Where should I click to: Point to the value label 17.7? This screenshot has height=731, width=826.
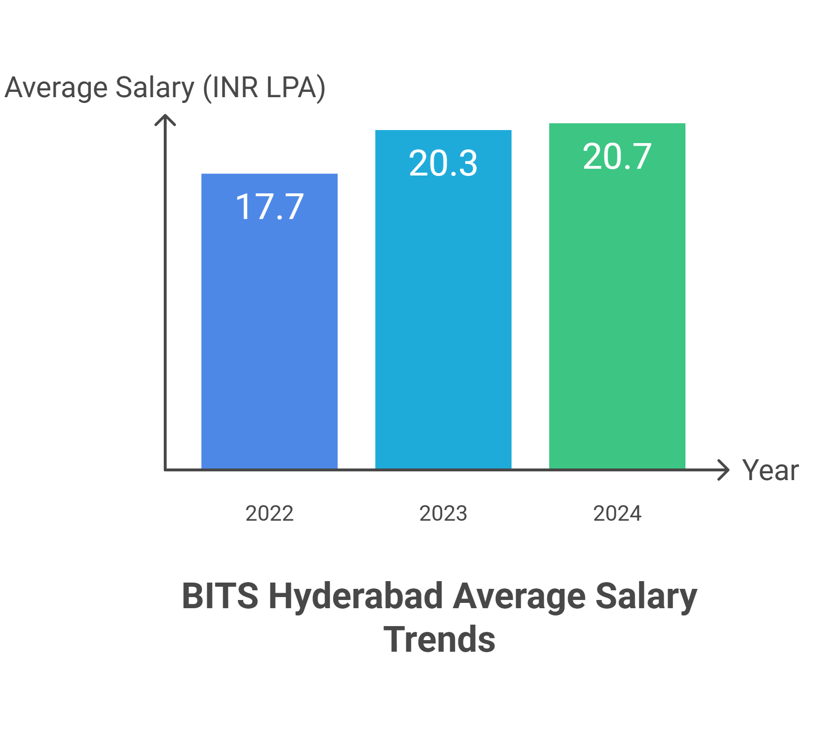[270, 207]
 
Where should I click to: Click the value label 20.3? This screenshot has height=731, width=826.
[443, 163]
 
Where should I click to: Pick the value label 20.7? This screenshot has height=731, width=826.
[617, 157]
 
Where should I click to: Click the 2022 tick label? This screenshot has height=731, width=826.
[270, 513]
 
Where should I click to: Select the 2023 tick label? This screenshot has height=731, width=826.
[443, 513]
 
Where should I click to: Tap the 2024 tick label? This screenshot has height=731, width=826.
[617, 513]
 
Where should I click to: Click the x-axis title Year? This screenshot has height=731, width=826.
[770, 470]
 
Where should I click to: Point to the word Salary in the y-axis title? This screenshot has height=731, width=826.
[155, 88]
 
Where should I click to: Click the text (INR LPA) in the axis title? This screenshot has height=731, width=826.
[264, 88]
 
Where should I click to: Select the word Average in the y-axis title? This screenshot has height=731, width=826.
[56, 88]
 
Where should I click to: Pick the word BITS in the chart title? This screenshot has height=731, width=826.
[220, 596]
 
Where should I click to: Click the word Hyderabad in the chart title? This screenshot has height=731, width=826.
[356, 596]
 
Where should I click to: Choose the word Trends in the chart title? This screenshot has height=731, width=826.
[440, 639]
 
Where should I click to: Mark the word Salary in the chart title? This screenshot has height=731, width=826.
[646, 596]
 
